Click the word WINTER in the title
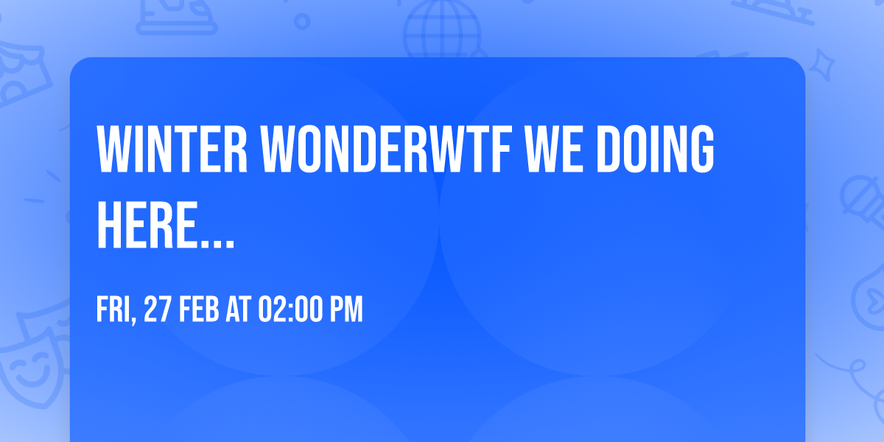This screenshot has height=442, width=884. coord(172,149)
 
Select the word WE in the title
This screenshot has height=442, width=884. coord(554,149)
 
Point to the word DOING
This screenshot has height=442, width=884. coord(655,149)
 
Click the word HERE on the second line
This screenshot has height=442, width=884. coord(147,225)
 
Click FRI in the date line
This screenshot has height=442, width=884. coord(113,309)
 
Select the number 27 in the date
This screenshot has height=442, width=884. coord(158,309)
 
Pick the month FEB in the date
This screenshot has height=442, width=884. coord(199,309)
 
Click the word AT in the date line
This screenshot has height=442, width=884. coord(239,309)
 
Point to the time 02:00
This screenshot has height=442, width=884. coord(290,309)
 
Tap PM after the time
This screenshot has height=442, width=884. coord(346,309)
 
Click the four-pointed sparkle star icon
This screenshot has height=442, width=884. coord(821,66)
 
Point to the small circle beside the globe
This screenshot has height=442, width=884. coord(302,21)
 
